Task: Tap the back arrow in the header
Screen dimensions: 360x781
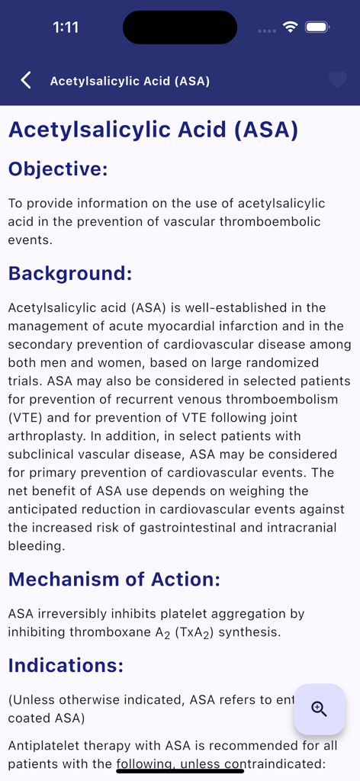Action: tap(26, 80)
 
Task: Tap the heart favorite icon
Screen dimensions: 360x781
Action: tap(337, 80)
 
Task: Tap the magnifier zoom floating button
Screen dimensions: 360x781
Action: tap(319, 709)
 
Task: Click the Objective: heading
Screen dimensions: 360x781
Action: tap(58, 169)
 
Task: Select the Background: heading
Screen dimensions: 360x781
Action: tap(70, 273)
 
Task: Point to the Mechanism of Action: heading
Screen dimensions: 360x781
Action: tap(114, 579)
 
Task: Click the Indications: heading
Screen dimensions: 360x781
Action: tap(66, 665)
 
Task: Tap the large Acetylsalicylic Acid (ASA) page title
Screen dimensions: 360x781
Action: tap(153, 129)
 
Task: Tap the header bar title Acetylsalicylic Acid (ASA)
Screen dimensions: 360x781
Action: tap(130, 81)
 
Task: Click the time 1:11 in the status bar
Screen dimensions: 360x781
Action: tap(66, 27)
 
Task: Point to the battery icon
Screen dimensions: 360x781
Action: tap(317, 27)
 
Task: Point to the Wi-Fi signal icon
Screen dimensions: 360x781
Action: tap(290, 27)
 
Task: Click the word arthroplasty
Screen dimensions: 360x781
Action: tap(45, 435)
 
